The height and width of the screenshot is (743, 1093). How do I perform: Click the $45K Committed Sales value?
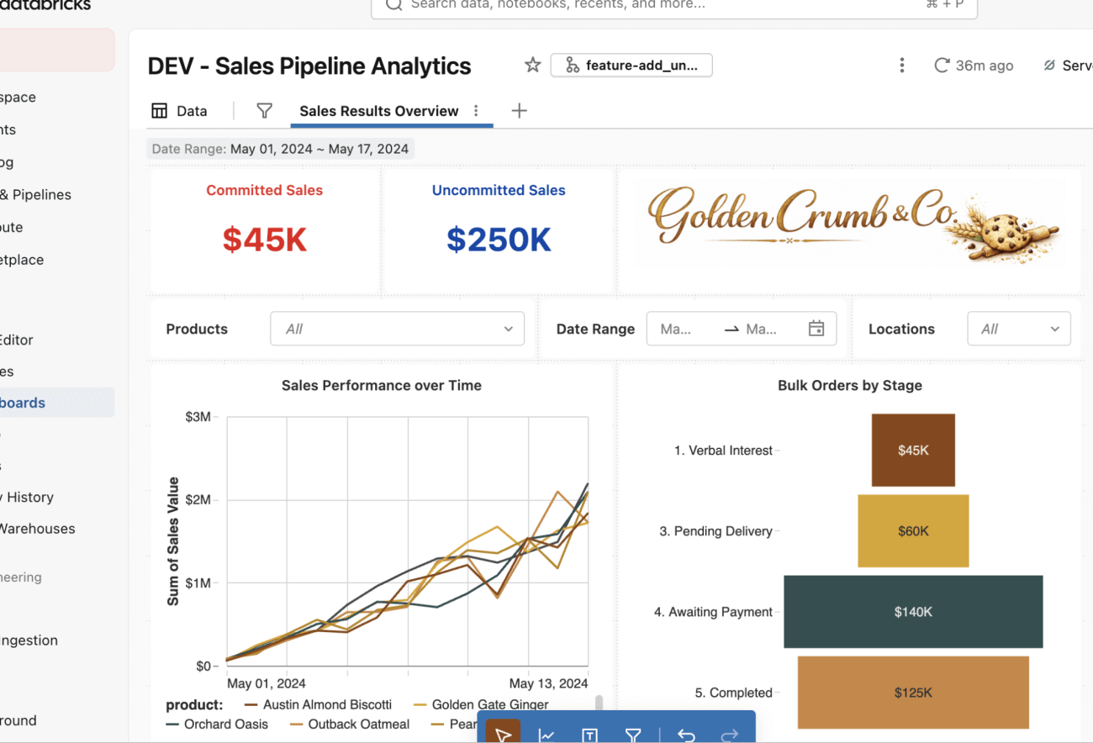point(265,240)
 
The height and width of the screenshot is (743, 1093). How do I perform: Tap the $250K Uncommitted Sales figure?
point(499,240)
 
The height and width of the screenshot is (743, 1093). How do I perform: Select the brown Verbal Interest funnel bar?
point(913,450)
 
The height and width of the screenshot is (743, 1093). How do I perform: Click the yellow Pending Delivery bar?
point(913,530)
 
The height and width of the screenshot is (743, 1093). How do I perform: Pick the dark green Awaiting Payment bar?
point(913,612)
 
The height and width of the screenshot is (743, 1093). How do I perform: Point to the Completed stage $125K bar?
point(913,693)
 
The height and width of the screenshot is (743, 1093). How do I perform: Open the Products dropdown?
point(397,329)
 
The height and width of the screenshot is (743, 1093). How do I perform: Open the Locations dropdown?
point(1019,329)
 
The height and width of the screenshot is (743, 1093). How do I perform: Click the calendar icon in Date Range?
point(816,329)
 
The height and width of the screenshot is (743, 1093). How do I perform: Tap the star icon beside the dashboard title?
point(532,66)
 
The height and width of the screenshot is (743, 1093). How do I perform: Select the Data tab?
point(179,111)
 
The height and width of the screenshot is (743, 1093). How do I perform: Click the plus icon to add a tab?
point(519,111)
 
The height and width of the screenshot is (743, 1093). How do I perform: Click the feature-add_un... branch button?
point(631,66)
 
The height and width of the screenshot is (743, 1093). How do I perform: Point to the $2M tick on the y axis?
point(198,500)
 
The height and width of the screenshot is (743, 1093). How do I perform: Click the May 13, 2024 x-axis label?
point(548,683)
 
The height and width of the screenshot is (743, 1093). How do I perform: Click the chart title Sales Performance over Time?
point(382,386)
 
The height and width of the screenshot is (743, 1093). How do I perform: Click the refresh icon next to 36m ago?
point(942,66)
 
